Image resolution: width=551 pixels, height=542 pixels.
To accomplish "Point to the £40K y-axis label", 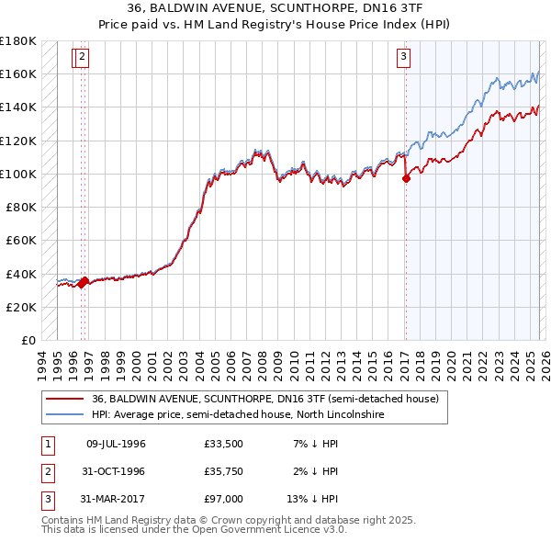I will [20, 274].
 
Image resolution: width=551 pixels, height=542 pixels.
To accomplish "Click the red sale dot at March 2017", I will [406, 179].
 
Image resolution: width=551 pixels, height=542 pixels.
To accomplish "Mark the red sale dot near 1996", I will [83, 281].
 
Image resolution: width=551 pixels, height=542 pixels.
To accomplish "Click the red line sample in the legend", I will [64, 399].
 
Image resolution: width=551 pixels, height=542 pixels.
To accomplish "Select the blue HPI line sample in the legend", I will [64, 414].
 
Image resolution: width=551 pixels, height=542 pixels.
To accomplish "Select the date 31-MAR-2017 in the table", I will [116, 499].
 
